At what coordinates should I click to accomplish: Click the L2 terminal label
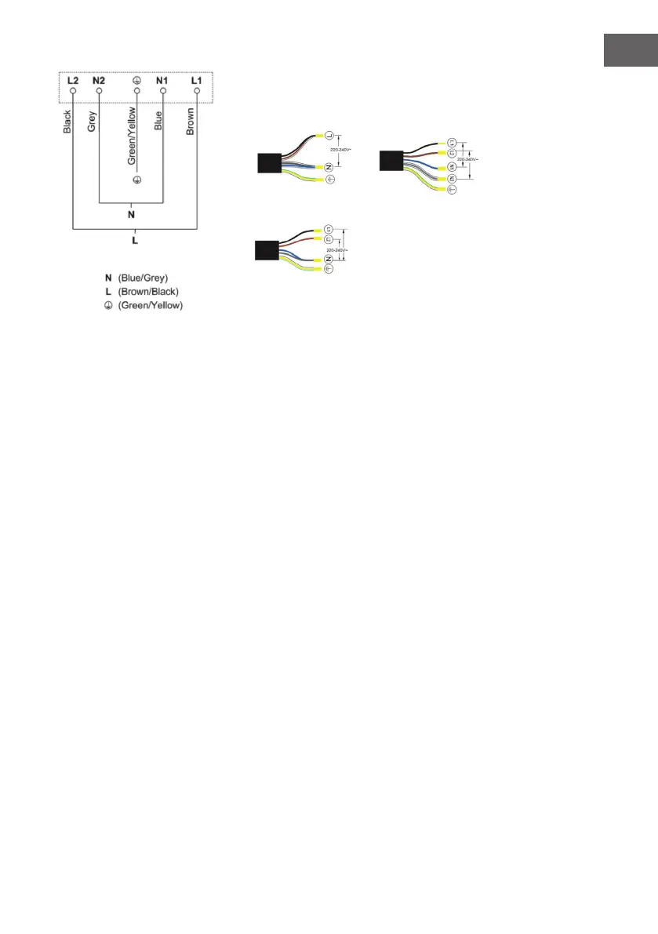(73, 81)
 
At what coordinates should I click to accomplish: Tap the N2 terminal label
(99, 81)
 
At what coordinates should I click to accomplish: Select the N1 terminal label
(163, 81)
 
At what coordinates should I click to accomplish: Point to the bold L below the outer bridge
(135, 240)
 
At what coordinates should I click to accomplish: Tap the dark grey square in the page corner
(630, 50)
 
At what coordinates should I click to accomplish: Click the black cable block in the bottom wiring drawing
(268, 249)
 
